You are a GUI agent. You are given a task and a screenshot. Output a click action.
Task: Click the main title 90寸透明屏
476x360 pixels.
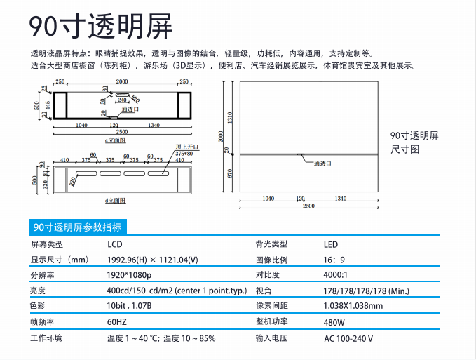point(101,26)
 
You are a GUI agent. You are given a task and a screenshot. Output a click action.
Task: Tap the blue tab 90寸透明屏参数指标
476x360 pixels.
point(77,227)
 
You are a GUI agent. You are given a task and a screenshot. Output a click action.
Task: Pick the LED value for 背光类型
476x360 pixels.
point(330,244)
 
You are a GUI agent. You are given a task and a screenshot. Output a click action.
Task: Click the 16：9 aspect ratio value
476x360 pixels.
point(334,260)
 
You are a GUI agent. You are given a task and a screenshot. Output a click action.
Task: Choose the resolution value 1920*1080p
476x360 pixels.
point(130,275)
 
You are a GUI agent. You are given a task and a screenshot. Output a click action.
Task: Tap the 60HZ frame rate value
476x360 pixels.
point(117,322)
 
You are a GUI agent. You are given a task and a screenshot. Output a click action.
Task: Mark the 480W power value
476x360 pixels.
point(334,322)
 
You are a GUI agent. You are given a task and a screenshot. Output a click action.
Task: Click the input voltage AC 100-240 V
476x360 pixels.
point(348,338)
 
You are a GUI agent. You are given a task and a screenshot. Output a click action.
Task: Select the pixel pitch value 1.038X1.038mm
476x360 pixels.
point(353,306)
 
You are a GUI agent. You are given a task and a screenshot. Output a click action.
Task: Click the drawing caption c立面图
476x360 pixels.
point(114,140)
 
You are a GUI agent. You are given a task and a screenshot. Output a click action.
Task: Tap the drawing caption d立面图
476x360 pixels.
point(114,201)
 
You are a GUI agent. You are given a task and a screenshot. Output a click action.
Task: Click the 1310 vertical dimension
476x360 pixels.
point(229,116)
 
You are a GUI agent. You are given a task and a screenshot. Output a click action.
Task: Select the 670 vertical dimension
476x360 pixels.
point(229,173)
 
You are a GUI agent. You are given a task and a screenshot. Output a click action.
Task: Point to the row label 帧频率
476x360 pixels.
point(42,322)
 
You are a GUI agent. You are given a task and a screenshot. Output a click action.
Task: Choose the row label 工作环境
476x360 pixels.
point(46,338)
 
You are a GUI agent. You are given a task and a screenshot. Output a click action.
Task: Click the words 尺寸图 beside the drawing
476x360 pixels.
point(404,149)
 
